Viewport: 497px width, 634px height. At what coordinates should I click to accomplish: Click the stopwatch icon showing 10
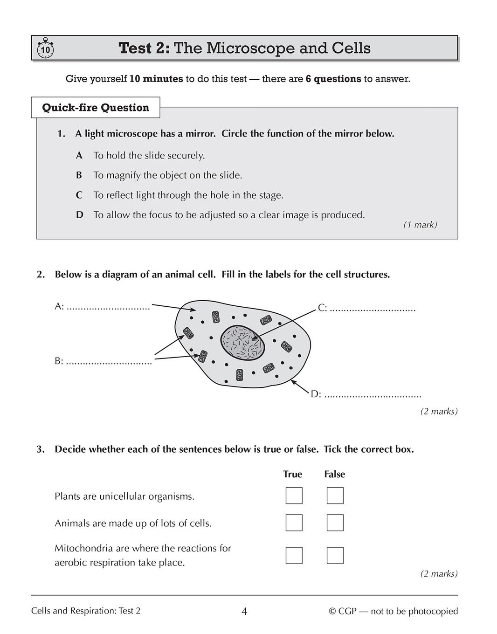pos(45,49)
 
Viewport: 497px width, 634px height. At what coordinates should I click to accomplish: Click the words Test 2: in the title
pos(145,48)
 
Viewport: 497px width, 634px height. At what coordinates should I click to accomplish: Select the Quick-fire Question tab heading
pos(96,108)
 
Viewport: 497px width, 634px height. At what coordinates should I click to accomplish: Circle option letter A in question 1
pos(79,156)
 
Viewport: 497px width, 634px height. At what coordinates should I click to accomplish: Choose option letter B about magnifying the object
pos(79,176)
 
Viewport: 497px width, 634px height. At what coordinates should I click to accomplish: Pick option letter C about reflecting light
pos(79,195)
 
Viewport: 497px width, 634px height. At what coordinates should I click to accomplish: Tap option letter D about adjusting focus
pos(80,215)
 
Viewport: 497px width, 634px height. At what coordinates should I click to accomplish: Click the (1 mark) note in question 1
pos(420,225)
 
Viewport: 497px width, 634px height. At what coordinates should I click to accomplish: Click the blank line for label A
pos(108,308)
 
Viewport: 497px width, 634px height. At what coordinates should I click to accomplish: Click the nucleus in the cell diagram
pos(243,343)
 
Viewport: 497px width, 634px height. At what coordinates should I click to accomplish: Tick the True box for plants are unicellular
pos(294,496)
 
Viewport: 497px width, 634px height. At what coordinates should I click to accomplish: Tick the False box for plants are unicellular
pos(335,496)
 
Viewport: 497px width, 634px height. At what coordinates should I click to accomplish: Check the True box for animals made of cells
pos(294,523)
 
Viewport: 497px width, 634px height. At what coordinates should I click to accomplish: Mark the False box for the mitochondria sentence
pos(335,555)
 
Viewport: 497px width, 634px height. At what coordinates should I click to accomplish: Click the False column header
pos(335,474)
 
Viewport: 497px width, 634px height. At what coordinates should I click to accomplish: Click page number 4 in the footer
pos(244,611)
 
